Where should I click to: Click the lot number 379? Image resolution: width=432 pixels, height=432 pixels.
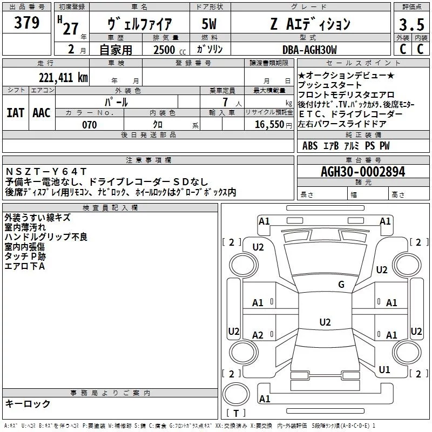click(26, 24)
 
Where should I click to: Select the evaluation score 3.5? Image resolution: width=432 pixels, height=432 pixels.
click(411, 24)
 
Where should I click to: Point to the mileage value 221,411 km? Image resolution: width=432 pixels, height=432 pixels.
click(63, 77)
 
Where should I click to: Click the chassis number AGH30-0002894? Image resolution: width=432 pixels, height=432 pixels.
click(362, 172)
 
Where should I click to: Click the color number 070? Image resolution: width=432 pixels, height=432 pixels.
click(89, 125)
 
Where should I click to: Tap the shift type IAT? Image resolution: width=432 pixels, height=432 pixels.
click(16, 112)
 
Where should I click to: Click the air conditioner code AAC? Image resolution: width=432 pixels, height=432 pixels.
click(42, 112)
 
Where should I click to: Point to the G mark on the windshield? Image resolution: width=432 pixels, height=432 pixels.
click(341, 285)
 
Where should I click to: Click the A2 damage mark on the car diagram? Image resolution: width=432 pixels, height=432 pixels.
click(258, 335)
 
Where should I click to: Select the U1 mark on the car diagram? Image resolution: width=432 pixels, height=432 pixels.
click(384, 370)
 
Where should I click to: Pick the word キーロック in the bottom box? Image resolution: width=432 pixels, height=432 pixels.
click(28, 404)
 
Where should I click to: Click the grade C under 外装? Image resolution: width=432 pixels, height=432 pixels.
click(402, 50)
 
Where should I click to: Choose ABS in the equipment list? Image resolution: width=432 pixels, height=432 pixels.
click(310, 146)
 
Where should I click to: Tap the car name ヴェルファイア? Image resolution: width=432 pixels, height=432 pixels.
click(140, 24)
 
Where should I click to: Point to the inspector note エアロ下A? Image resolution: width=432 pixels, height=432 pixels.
click(24, 266)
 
